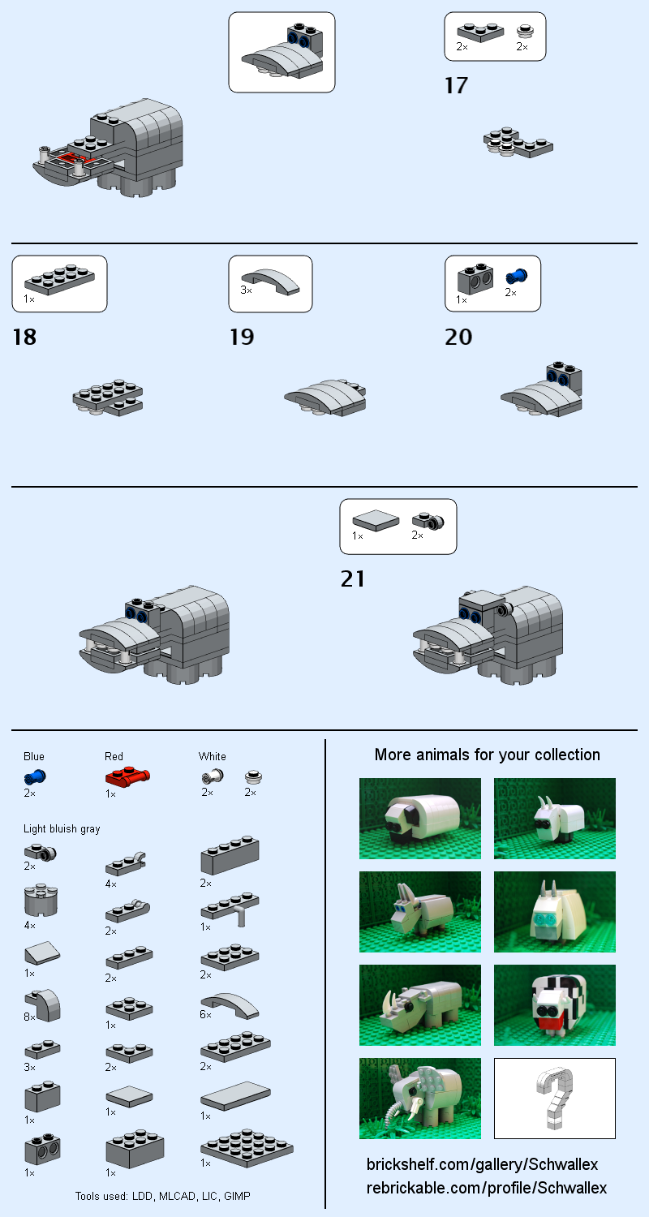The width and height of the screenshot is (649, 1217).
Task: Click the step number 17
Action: (x=456, y=85)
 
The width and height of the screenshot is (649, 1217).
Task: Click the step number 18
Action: (x=24, y=337)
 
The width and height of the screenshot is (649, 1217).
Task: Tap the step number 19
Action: (x=241, y=337)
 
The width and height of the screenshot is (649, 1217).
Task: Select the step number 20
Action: (x=458, y=337)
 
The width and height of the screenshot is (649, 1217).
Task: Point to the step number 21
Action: (x=353, y=579)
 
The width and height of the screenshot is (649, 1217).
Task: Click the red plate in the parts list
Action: (x=127, y=777)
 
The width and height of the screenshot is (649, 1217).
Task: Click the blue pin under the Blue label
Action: (x=34, y=777)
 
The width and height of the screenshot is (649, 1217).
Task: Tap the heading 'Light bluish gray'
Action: (x=62, y=828)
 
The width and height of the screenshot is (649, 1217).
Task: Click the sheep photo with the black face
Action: (x=420, y=818)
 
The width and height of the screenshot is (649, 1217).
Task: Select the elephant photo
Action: (x=420, y=1098)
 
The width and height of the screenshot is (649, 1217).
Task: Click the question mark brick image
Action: (x=555, y=1098)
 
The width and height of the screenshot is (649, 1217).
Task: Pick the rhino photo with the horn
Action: (x=420, y=1004)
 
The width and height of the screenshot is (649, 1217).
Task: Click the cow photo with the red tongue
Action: (x=555, y=1004)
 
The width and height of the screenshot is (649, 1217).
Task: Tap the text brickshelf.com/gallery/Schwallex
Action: (x=482, y=1164)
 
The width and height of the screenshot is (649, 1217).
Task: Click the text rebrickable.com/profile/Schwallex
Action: (x=487, y=1188)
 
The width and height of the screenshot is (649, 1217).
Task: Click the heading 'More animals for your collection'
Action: (x=487, y=755)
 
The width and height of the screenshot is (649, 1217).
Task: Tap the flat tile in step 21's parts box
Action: (x=376, y=520)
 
